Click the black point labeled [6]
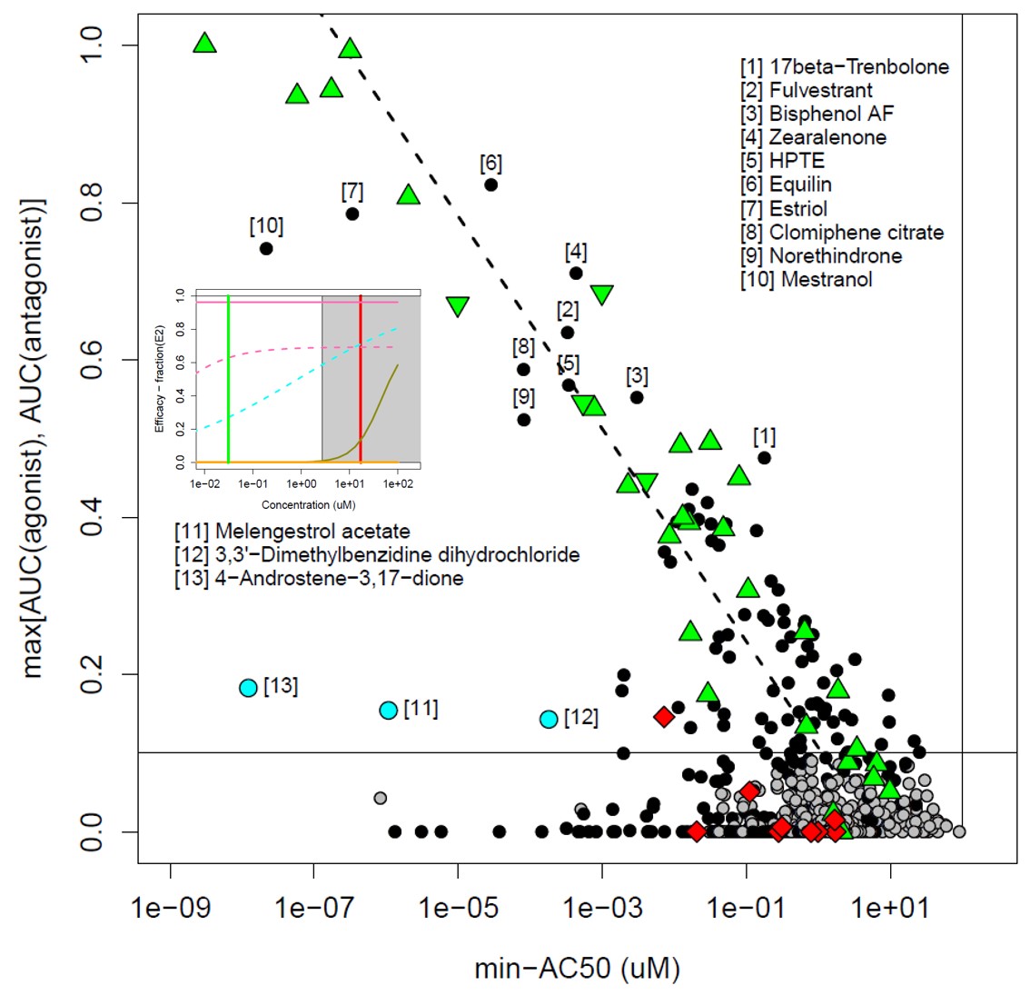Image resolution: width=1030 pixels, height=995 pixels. [490, 184]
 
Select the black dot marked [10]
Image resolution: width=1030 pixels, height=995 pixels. [266, 248]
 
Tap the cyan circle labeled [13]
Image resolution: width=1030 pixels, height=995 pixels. [249, 688]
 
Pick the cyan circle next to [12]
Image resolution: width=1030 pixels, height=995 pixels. [549, 719]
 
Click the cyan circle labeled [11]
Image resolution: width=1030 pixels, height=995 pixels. [389, 711]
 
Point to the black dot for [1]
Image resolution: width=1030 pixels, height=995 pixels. [764, 458]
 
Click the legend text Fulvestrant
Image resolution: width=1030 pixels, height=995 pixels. [820, 90]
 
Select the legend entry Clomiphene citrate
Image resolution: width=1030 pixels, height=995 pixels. [856, 233]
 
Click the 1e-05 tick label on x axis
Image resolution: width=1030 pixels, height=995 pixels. [458, 908]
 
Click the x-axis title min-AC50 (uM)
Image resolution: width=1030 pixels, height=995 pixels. [577, 969]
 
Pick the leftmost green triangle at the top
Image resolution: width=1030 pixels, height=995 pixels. [205, 44]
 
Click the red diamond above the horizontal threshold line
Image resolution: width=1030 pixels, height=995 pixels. [664, 717]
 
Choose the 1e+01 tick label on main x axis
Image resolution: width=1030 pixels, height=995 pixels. [890, 908]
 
